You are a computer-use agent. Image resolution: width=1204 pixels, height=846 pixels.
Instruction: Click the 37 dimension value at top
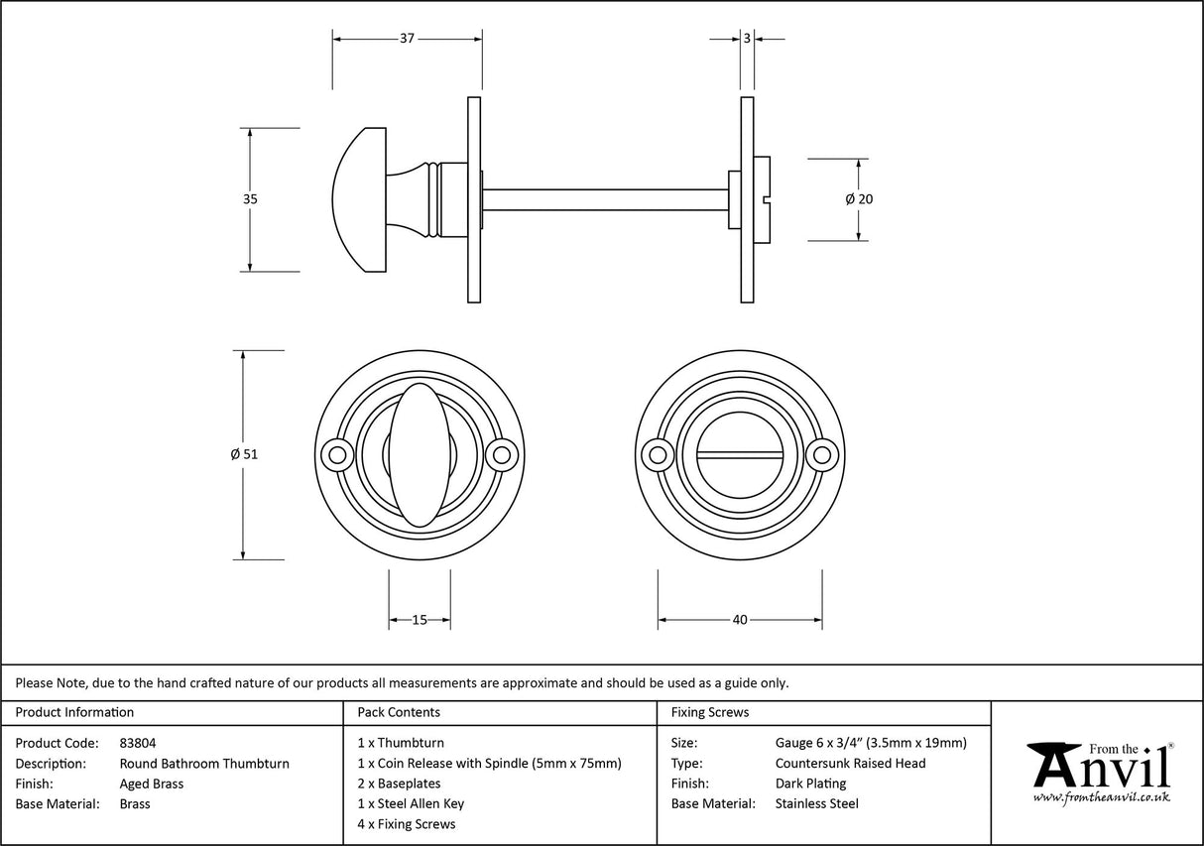(407, 39)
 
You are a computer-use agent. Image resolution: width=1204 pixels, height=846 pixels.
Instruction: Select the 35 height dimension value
(250, 199)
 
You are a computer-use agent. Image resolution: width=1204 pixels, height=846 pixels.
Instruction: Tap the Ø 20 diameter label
(859, 199)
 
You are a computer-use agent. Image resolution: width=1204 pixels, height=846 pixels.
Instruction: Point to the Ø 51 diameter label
(243, 454)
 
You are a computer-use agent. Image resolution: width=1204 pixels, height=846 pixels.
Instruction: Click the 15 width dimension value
(419, 620)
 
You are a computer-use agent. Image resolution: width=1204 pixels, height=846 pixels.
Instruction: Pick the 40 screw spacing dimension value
(739, 620)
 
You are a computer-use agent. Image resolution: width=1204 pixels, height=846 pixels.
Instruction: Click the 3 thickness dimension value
(746, 39)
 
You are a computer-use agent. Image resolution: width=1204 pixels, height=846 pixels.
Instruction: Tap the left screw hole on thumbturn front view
(338, 455)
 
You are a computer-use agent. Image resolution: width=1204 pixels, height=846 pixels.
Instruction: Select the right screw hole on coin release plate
(821, 455)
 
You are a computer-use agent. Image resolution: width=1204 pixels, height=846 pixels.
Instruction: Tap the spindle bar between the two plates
(605, 199)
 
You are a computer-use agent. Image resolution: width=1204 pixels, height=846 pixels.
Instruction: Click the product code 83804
(137, 742)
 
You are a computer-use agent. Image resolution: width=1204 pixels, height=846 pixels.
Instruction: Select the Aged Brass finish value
(151, 784)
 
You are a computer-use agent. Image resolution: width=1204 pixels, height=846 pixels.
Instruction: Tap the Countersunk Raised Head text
(850, 763)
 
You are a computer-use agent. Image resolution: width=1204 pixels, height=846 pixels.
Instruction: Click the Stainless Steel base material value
(816, 803)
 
